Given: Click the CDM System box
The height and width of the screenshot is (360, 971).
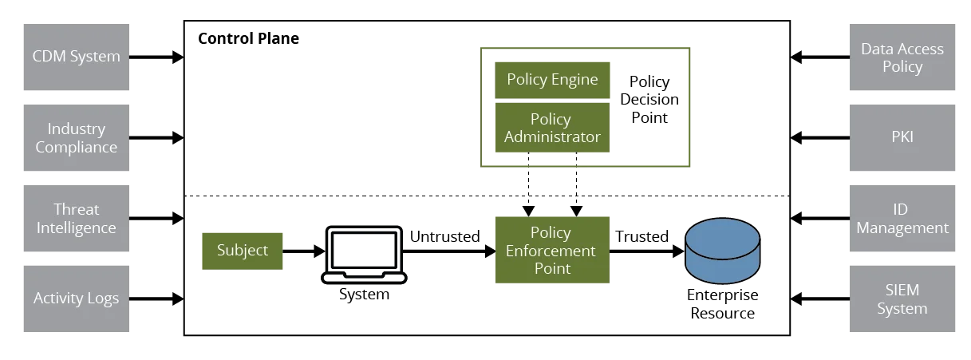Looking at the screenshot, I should pyautogui.click(x=77, y=57).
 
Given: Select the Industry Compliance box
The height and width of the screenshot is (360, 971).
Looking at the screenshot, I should pyautogui.click(x=77, y=137).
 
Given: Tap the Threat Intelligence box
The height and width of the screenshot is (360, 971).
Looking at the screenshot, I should pyautogui.click(x=77, y=219).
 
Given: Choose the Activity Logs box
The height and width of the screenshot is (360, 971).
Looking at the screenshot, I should pyautogui.click(x=77, y=298).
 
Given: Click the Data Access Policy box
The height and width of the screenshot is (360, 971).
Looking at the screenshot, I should pyautogui.click(x=902, y=57).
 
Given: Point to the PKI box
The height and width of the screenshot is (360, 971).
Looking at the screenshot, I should pyautogui.click(x=902, y=137).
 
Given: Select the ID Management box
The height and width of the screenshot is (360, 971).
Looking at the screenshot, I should pyautogui.click(x=902, y=219).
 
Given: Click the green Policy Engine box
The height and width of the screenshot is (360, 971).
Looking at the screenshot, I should pyautogui.click(x=552, y=79).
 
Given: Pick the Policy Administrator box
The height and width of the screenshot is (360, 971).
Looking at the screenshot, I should pyautogui.click(x=552, y=128).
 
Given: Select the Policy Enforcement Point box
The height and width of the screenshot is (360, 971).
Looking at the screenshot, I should pyautogui.click(x=552, y=250).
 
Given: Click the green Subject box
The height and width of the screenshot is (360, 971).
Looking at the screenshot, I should pyautogui.click(x=243, y=251).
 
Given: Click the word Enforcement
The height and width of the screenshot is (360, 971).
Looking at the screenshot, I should pyautogui.click(x=551, y=251).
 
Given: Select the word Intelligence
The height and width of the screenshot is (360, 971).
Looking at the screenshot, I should pyautogui.click(x=77, y=228).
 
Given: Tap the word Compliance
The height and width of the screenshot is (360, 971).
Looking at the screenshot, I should pyautogui.click(x=77, y=148).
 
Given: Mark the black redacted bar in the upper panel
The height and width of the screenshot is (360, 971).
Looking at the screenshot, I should pyautogui.click(x=248, y=38).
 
